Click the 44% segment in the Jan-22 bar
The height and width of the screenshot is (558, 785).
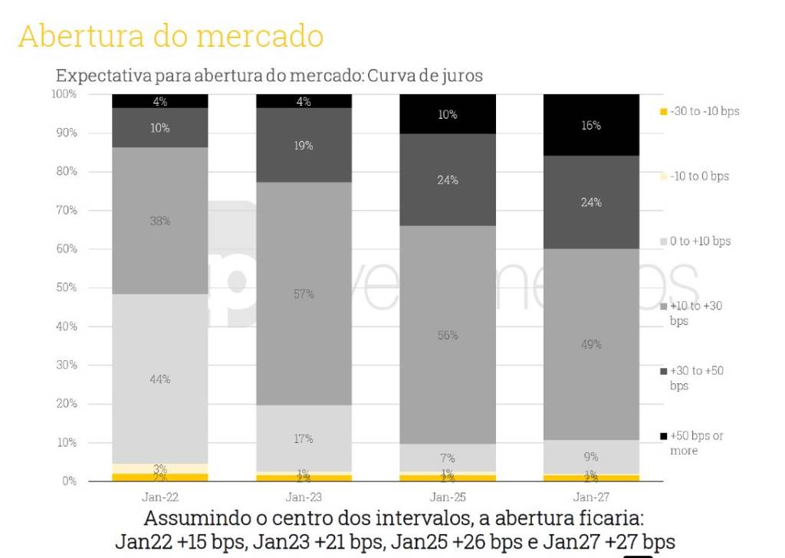click(160, 379)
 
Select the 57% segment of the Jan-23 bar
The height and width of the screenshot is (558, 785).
click(304, 294)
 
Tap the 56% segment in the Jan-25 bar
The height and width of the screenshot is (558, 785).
click(448, 335)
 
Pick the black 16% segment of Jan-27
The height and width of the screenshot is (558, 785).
click(591, 125)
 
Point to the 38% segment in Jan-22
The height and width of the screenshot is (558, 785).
click(160, 221)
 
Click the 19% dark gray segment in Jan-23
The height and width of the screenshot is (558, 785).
click(304, 145)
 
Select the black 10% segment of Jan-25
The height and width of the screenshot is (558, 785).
click(448, 114)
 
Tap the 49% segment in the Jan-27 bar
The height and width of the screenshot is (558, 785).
click(591, 344)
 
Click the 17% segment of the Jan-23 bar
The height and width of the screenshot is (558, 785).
click(304, 438)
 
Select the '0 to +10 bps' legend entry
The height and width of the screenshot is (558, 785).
click(700, 241)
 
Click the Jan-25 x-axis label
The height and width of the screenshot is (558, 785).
click(448, 496)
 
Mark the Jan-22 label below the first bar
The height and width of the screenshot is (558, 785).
click(160, 496)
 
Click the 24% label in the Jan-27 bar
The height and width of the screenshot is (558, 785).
click(591, 202)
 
